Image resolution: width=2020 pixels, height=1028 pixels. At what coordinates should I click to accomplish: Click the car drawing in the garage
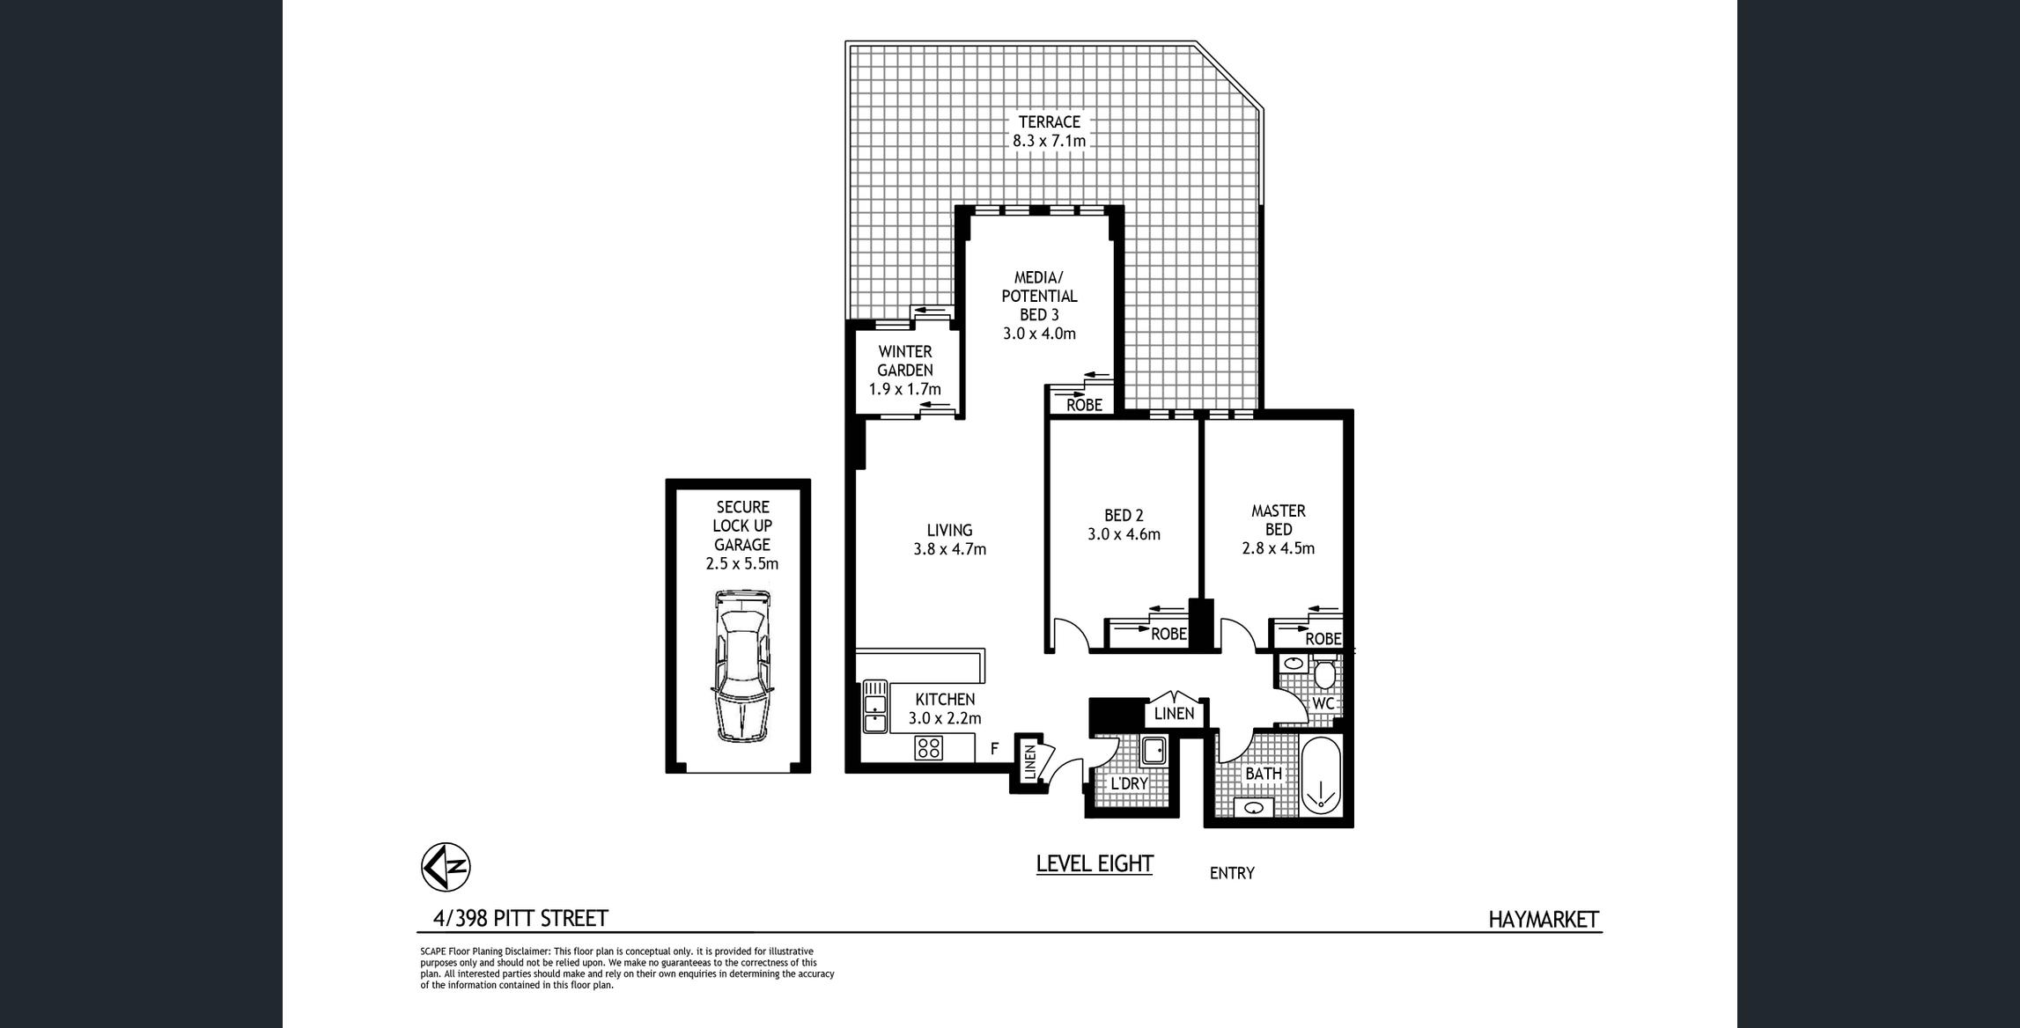pos(741,666)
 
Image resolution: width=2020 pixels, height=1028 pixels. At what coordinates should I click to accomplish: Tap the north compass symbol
pos(446,866)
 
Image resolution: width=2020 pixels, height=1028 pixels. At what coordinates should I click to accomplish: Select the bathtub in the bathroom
pos(1320,777)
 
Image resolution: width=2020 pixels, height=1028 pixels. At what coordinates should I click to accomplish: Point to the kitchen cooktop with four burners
pos(929,748)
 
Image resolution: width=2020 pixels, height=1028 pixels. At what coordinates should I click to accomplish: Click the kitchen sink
pos(874,706)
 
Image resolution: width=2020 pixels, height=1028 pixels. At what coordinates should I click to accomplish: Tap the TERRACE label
pos(1049,122)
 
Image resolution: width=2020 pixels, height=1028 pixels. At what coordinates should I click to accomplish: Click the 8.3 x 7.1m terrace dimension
pos(1049,141)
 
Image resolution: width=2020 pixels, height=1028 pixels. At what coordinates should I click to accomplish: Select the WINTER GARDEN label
pos(905,361)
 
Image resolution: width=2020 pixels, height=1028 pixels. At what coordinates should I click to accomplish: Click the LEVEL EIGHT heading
pos(1095,864)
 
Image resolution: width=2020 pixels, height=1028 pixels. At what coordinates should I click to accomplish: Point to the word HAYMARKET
pos(1544,920)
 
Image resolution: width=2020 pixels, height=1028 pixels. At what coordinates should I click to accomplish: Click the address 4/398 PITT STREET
pos(520,919)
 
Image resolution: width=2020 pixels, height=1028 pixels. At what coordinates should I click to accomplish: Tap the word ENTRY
pos(1232,873)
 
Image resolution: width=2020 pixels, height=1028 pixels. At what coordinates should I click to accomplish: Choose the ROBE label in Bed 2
pos(1169,634)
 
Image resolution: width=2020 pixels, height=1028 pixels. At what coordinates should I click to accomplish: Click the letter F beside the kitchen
pos(994,749)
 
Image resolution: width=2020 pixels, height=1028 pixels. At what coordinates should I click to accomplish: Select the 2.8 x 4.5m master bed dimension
pos(1279,548)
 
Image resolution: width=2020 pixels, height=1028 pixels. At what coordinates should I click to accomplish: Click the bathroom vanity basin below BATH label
pos(1255,806)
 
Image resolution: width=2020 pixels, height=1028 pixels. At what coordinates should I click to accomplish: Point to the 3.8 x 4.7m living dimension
pos(949,549)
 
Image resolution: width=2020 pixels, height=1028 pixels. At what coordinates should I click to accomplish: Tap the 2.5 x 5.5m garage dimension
pos(742,564)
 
